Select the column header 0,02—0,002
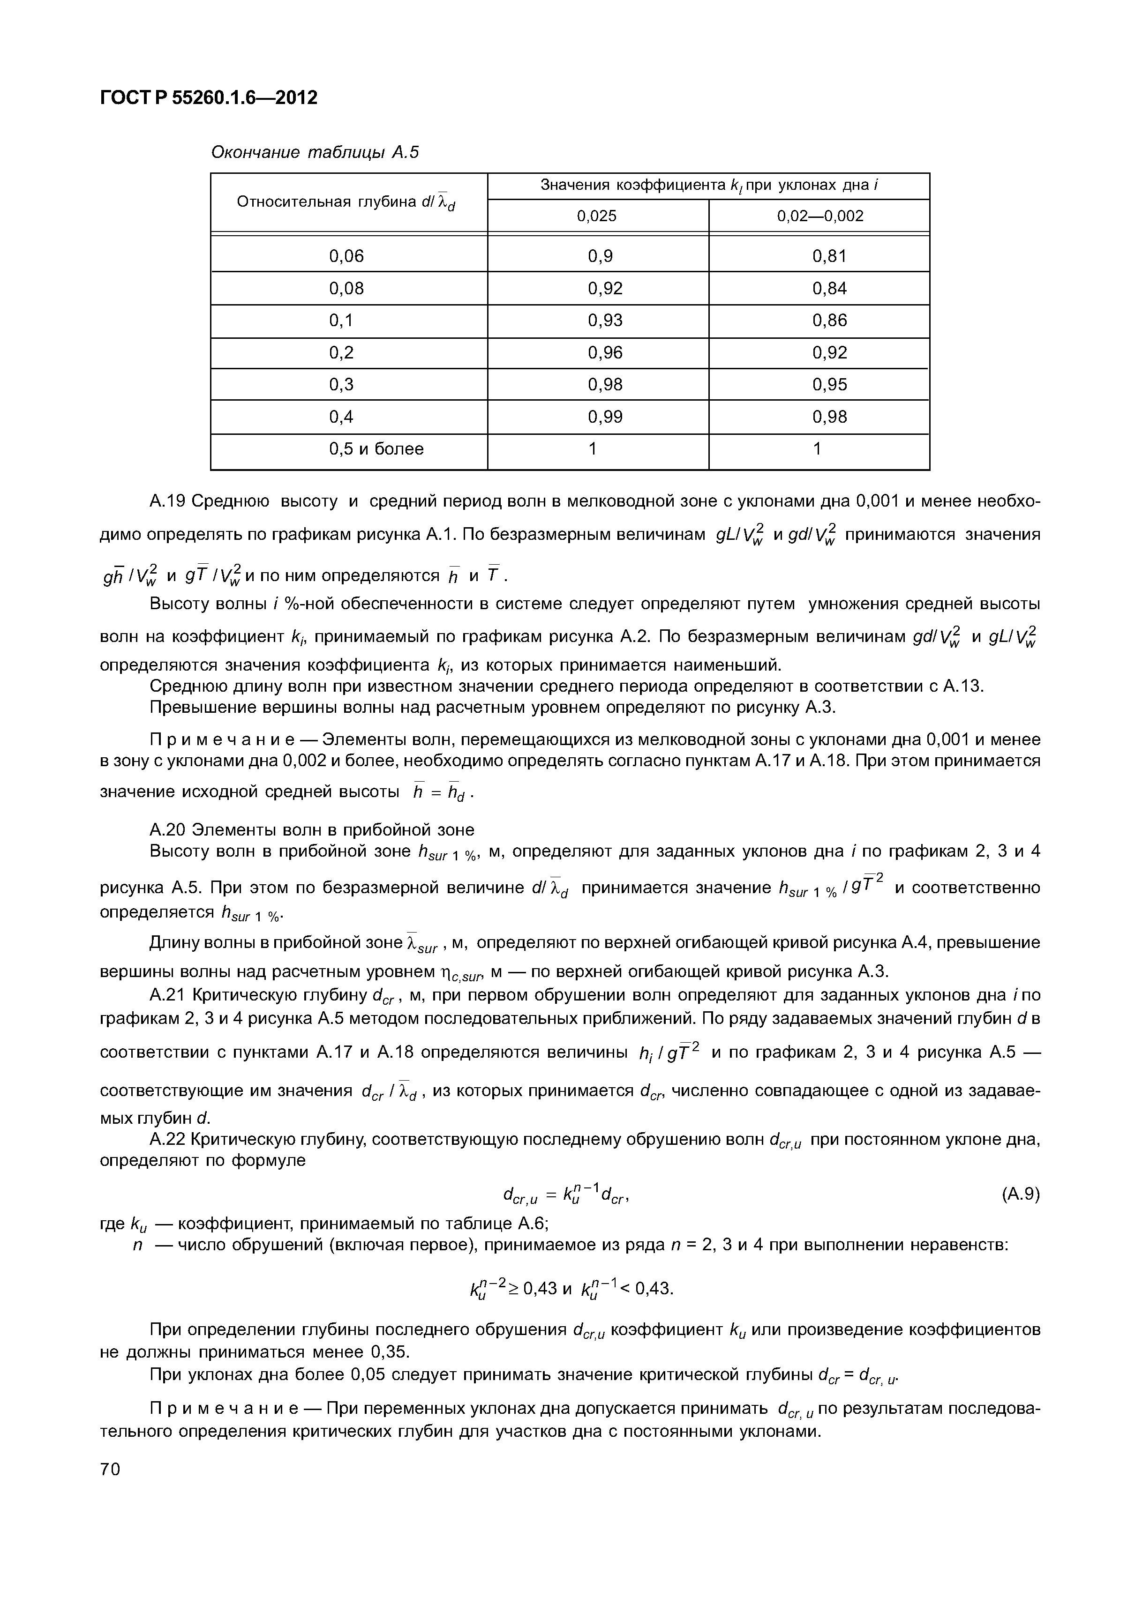point(819,216)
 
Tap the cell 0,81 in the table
point(829,256)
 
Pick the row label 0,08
point(347,288)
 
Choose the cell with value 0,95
point(829,384)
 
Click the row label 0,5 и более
point(376,449)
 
